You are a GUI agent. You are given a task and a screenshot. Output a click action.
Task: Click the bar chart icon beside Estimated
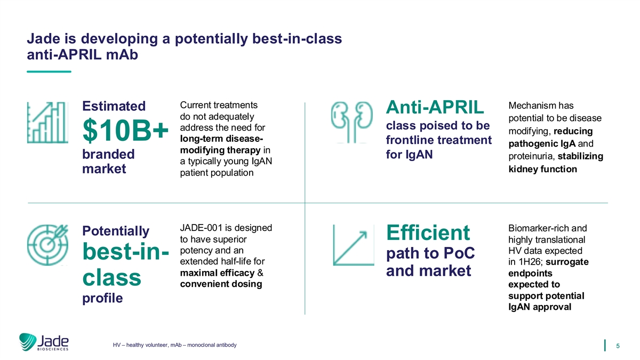tap(47, 123)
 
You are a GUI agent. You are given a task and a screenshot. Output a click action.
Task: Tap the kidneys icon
tap(351, 122)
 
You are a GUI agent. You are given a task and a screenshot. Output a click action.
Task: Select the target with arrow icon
tap(47, 245)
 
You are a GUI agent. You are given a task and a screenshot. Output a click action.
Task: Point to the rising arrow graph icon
tap(354, 245)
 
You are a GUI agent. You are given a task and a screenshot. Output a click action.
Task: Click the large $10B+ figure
tap(125, 130)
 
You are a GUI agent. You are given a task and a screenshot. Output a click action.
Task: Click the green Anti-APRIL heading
tap(435, 107)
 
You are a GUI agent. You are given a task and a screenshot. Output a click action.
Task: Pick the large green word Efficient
tap(428, 233)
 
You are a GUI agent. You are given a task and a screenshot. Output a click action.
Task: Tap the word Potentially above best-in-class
tap(116, 231)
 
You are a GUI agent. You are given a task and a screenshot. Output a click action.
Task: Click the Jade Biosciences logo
tap(44, 342)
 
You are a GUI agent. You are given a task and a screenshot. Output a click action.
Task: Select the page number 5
tap(618, 346)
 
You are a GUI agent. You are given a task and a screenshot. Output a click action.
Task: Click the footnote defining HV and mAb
tap(174, 345)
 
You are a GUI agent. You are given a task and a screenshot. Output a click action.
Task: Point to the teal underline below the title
tap(49, 71)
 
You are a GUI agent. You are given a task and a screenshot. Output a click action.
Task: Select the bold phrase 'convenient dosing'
tap(221, 284)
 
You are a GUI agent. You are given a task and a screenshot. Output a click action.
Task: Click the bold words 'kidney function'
tap(542, 169)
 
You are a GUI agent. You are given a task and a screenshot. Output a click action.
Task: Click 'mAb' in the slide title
tap(122, 54)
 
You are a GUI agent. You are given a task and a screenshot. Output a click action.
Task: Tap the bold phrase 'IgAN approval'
tap(540, 307)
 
